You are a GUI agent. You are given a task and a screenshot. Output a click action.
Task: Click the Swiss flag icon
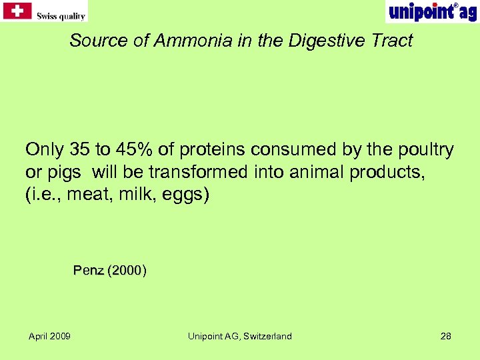17,10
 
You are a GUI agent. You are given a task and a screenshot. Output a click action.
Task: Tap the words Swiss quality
61,15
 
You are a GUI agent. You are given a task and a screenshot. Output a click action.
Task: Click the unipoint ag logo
432,11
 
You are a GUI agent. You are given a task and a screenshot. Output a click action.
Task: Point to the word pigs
63,172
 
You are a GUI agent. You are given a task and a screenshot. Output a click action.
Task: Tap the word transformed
199,172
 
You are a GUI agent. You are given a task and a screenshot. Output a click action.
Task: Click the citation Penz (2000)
110,271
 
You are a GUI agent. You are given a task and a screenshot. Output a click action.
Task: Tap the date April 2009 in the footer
49,336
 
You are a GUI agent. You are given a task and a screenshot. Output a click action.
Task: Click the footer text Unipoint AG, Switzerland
239,336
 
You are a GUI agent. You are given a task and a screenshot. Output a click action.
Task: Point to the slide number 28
446,336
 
